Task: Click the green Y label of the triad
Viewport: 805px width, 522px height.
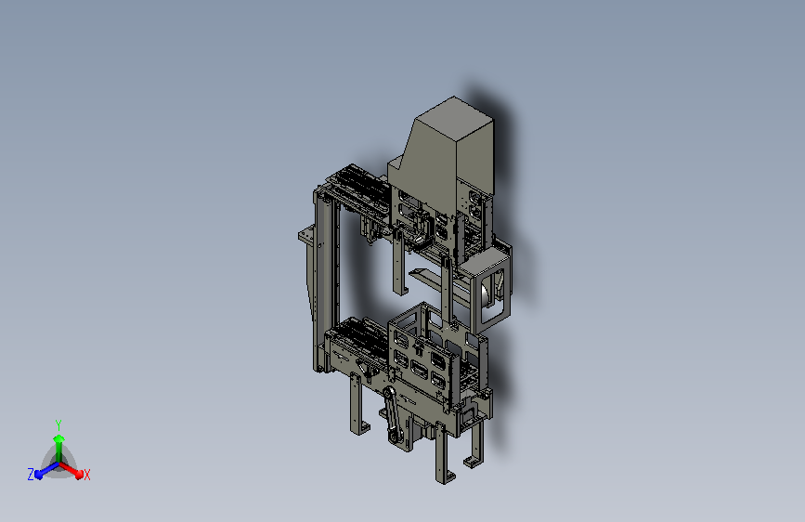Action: [58, 424]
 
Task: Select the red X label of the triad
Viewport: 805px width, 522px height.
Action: [86, 475]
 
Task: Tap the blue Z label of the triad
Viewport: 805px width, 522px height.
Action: [31, 475]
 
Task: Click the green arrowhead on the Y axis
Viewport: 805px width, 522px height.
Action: [59, 439]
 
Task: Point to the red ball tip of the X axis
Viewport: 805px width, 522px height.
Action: [79, 475]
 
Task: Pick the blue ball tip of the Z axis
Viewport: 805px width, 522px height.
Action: [39, 475]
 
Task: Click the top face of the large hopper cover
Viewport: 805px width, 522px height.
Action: [454, 110]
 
